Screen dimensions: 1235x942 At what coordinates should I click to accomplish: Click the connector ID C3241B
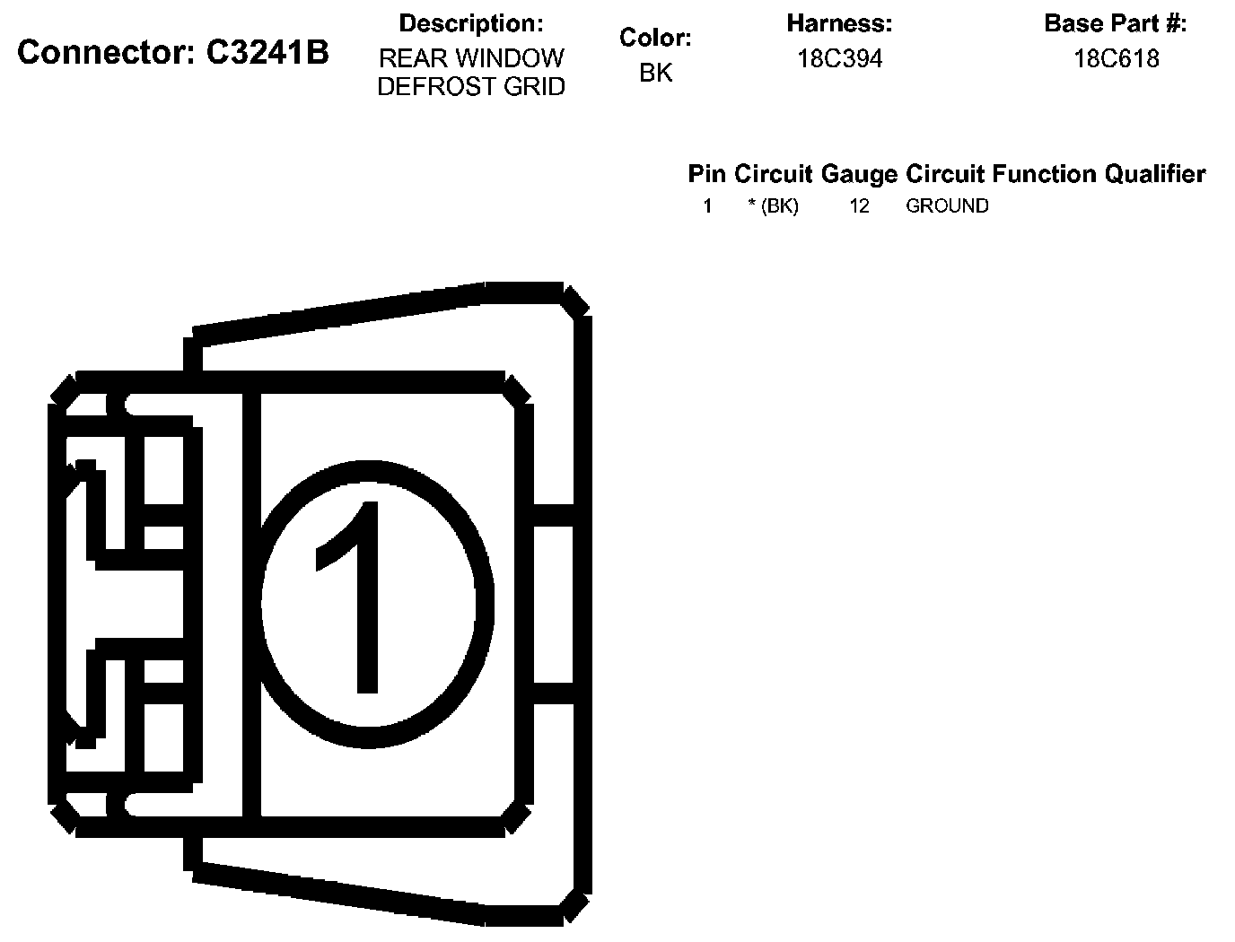tap(267, 54)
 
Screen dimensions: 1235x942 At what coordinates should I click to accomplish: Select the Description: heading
tap(470, 23)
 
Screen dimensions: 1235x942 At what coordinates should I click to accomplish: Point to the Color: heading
tap(655, 39)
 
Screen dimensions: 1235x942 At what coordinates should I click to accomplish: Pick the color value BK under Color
tap(655, 74)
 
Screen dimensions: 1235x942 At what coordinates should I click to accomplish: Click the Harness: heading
tap(839, 23)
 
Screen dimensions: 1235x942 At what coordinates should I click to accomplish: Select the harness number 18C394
tap(839, 59)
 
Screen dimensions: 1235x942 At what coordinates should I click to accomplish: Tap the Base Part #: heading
tap(1116, 24)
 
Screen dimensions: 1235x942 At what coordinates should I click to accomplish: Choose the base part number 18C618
tap(1116, 59)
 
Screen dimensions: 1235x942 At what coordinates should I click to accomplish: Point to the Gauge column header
tap(859, 174)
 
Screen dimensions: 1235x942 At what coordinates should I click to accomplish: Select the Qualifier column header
tap(1154, 174)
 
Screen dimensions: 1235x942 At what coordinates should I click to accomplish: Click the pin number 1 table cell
tap(707, 206)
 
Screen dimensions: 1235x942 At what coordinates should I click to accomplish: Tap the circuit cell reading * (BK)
tap(773, 206)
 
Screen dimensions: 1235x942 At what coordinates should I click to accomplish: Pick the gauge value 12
tap(859, 206)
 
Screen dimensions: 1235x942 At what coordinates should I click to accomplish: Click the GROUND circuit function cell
tap(947, 206)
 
